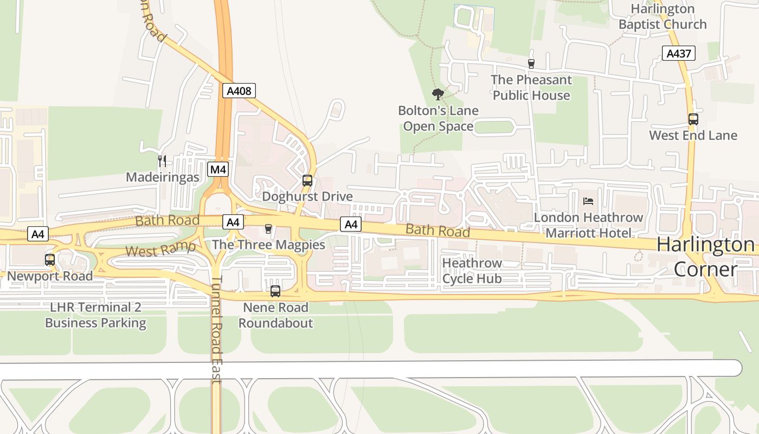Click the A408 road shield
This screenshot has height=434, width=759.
point(239,91)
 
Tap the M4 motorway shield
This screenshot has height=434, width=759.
point(218,169)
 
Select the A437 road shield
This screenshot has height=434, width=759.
point(678,53)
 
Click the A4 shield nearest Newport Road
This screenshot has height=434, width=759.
point(37,234)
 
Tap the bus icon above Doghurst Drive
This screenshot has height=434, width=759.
point(307,181)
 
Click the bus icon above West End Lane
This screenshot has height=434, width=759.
point(693,119)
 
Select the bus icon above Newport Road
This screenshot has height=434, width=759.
point(50,260)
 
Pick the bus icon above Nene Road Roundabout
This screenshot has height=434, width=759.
point(275,291)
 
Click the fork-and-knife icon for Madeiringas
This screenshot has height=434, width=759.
point(162,161)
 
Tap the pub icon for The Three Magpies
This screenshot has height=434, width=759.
point(268,229)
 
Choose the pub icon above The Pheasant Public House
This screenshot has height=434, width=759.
point(531,64)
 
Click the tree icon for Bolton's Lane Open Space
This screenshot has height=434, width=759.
point(438,94)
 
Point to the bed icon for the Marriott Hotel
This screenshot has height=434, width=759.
point(588,201)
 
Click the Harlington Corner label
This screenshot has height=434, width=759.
point(705,257)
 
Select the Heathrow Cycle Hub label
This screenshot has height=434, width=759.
point(472,271)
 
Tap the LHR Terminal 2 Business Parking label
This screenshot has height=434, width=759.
point(95,315)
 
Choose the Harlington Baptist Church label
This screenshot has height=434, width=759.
point(662,17)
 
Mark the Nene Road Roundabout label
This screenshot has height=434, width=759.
point(275,315)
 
